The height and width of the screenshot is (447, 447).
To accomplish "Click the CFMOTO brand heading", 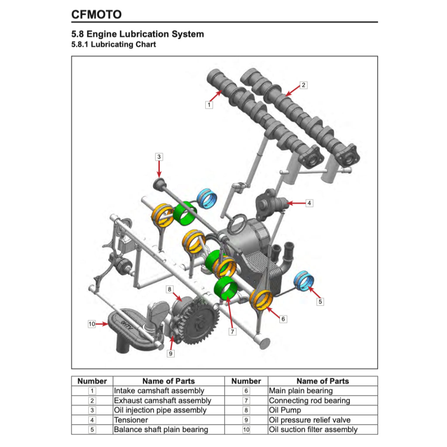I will [x=96, y=14].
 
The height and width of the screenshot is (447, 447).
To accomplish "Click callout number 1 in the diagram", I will [x=210, y=105].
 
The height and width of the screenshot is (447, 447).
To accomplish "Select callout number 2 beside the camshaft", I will [x=304, y=85].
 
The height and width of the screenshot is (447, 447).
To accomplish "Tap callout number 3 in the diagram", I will [x=159, y=157].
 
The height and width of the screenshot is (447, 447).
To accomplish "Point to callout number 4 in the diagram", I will [x=309, y=203].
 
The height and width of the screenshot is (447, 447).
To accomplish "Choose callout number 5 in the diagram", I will [x=320, y=301].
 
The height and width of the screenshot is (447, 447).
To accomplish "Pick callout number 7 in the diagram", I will [x=233, y=332].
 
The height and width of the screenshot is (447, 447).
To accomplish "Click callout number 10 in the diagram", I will [x=92, y=324].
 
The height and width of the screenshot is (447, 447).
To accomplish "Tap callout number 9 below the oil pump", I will [x=171, y=354].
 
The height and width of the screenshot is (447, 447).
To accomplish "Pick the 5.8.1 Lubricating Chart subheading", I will [x=113, y=45].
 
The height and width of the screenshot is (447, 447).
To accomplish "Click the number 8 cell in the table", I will [x=246, y=410].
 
